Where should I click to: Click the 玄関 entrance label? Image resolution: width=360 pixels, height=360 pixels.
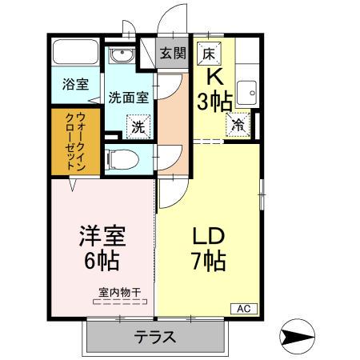coord(171,54)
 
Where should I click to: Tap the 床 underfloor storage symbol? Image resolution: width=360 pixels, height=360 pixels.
coord(208,54)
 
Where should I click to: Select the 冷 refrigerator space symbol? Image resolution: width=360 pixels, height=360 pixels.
coord(238,124)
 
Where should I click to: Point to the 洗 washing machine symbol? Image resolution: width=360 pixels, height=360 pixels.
coord(138,126)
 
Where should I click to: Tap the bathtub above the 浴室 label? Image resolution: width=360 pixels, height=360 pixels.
coord(74,54)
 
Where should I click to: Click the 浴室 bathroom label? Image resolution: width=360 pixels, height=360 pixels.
coord(76,83)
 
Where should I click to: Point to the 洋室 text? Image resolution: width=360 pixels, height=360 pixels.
coord(102,238)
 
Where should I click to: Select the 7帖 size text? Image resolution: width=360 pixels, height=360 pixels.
coord(207,262)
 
